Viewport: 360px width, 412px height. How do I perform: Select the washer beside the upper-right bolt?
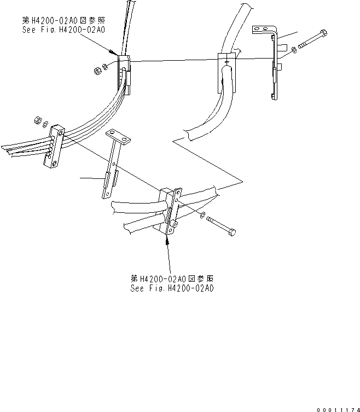tap(295, 51)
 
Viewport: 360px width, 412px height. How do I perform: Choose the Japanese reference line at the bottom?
tap(172, 278)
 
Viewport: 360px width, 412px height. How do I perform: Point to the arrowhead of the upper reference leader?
tap(116, 54)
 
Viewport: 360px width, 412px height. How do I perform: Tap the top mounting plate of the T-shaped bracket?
tap(118, 137)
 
